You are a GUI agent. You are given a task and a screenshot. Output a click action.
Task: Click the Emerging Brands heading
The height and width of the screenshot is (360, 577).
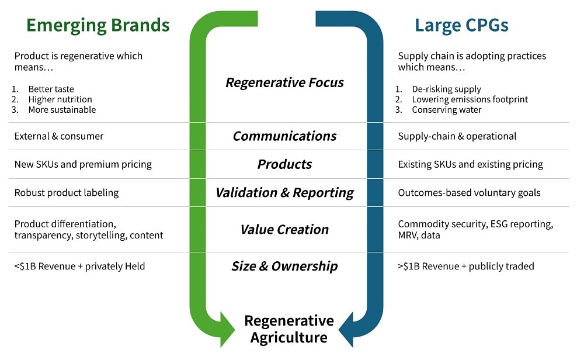(x=98, y=25)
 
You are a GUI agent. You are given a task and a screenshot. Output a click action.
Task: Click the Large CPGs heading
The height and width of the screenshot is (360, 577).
(x=461, y=25)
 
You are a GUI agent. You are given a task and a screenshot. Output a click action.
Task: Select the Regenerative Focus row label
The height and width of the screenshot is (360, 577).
(x=284, y=82)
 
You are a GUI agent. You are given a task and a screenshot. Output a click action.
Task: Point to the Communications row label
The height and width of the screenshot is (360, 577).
(x=284, y=136)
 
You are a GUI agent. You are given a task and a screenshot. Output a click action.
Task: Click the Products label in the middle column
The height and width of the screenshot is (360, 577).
(x=284, y=164)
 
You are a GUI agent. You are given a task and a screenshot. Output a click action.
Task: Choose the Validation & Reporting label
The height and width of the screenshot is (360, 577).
(x=284, y=192)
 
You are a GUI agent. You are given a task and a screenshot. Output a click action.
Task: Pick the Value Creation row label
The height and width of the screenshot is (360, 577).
(x=284, y=229)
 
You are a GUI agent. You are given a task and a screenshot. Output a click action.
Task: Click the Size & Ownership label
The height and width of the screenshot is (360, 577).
(x=284, y=266)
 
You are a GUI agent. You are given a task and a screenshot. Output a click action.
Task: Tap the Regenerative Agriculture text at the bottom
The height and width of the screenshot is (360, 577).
(x=289, y=328)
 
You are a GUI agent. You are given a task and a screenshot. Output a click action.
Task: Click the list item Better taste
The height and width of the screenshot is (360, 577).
(x=51, y=89)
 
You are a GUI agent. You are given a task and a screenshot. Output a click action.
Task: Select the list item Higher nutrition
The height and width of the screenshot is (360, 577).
(x=60, y=99)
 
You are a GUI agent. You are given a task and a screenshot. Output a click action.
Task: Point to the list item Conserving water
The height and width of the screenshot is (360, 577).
(x=447, y=110)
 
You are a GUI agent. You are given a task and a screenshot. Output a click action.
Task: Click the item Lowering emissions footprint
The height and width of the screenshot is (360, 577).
(x=470, y=99)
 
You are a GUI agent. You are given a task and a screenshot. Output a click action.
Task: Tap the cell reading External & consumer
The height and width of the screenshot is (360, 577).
(x=59, y=136)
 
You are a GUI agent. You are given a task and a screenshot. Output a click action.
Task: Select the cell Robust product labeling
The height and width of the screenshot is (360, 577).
(x=67, y=193)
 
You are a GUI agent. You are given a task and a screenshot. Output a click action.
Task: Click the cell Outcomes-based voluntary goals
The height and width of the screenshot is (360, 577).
(x=469, y=193)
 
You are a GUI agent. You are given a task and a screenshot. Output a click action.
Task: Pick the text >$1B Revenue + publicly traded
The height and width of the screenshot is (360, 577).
(x=466, y=266)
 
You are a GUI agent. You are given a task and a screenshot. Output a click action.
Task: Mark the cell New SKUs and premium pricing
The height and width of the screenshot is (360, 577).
(x=83, y=164)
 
